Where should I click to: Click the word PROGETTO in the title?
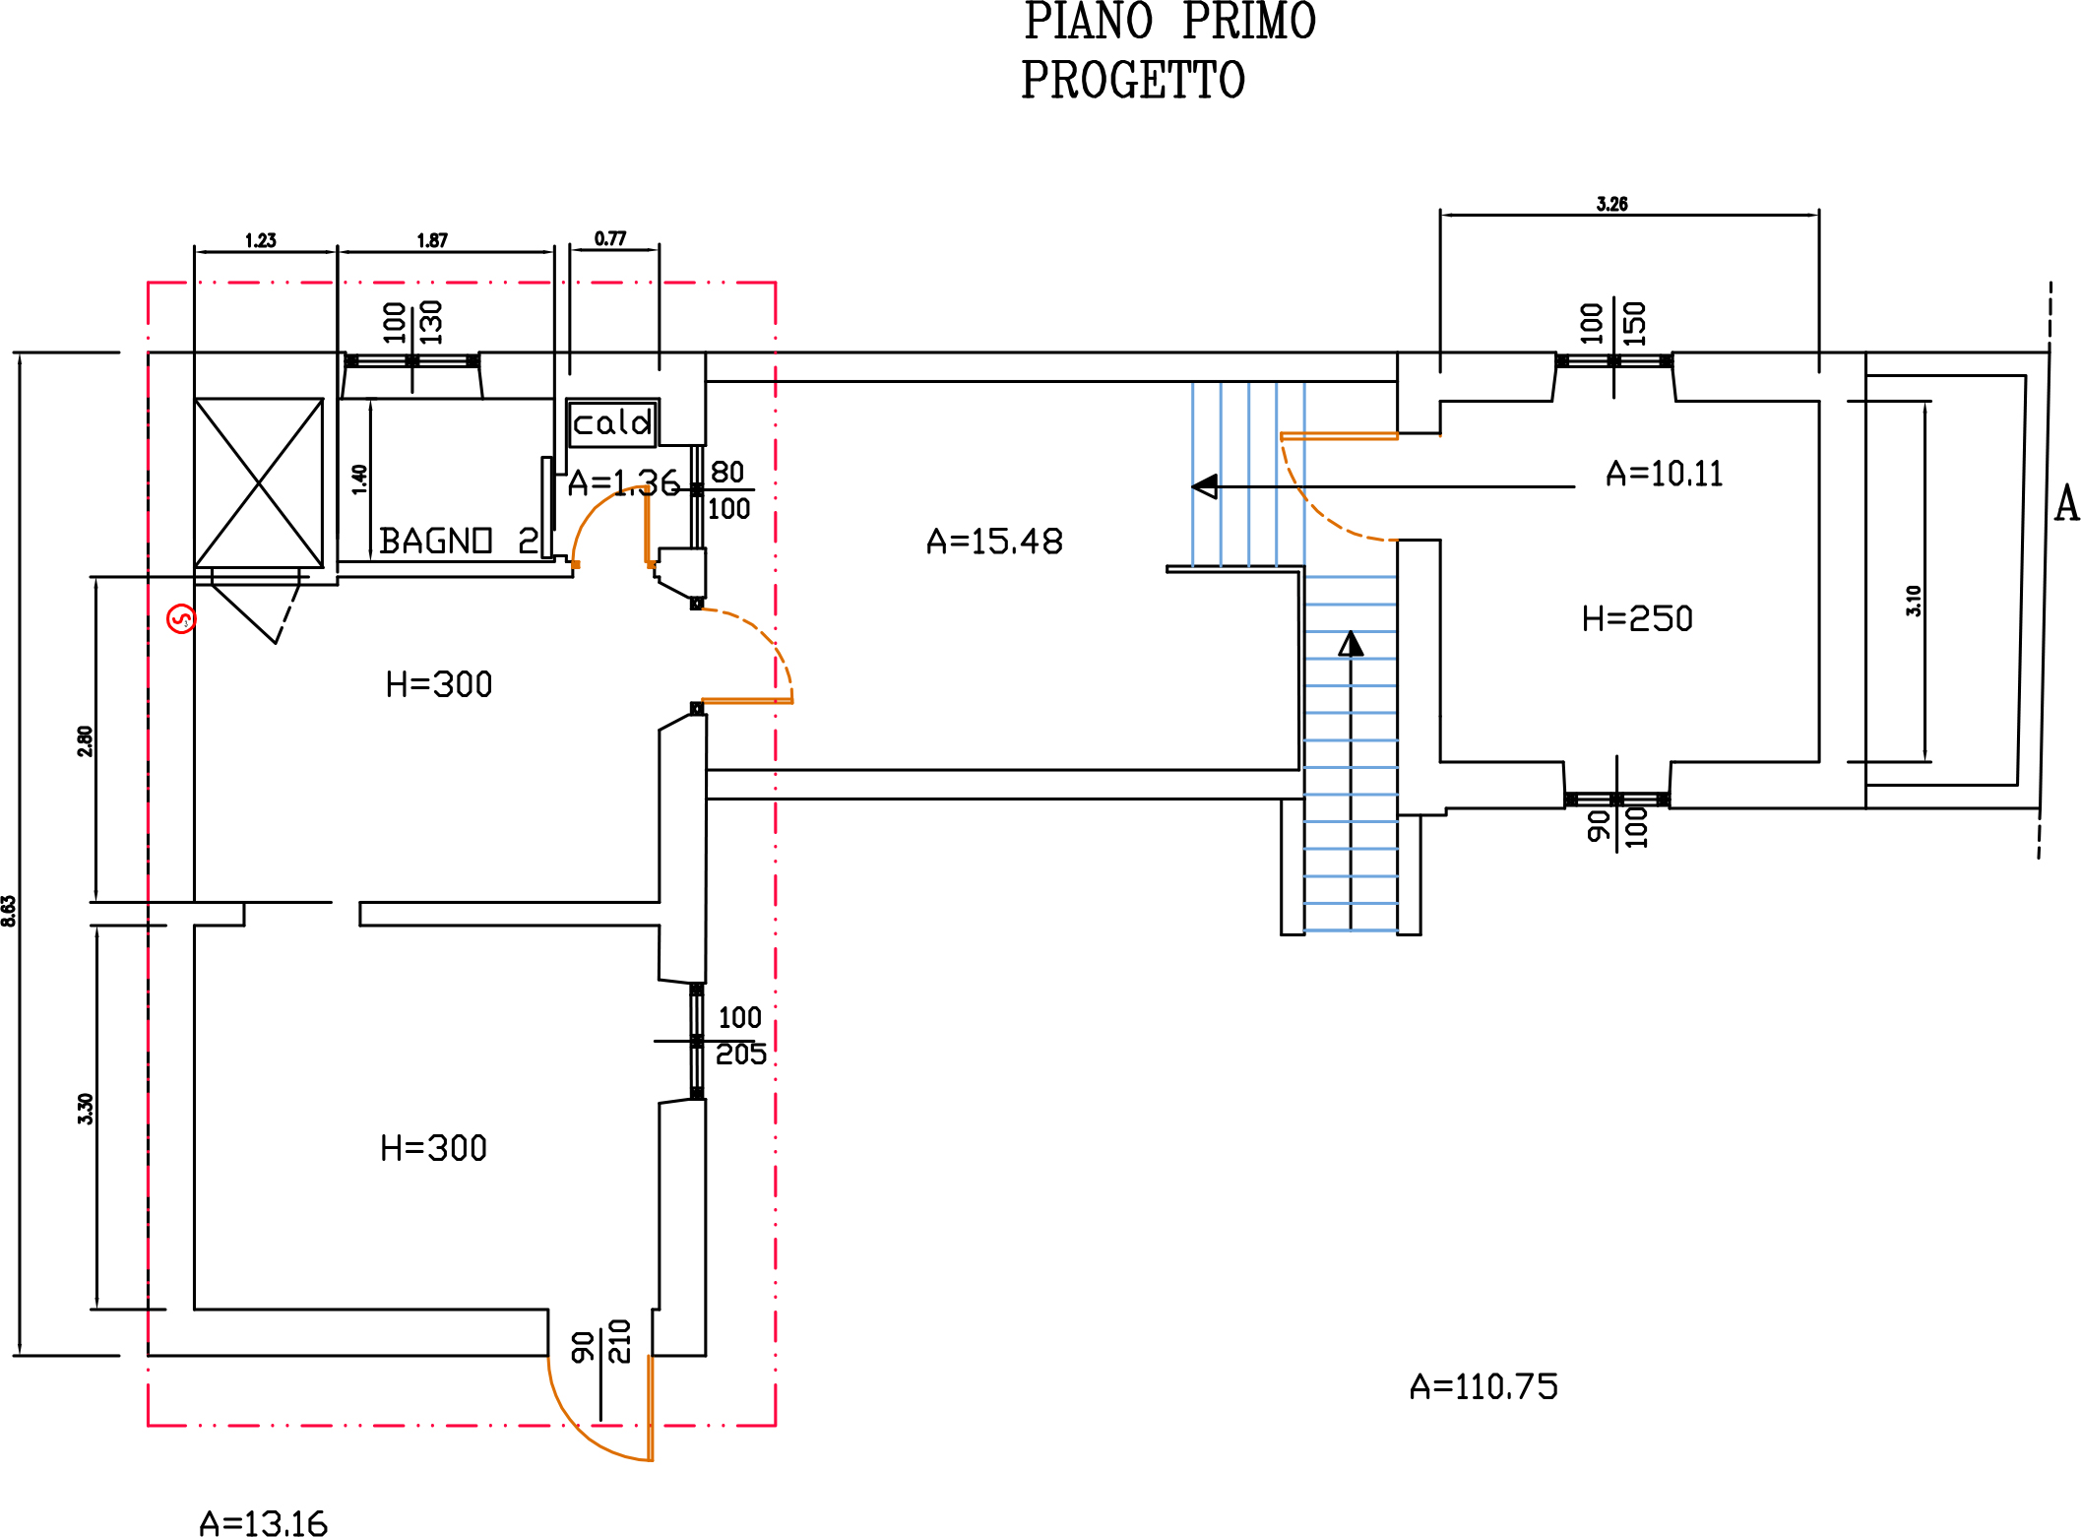coord(1132,81)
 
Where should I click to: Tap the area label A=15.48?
coord(994,542)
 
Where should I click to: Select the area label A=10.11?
coord(1664,474)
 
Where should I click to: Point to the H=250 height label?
coord(1637,618)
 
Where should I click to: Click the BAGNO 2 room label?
coord(459,541)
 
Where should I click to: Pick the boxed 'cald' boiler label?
coord(611,422)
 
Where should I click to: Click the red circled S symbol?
coord(181,618)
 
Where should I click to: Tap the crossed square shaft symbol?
coord(259,482)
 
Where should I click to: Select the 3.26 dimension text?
coord(1611,204)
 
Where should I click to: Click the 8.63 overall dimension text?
coord(9,910)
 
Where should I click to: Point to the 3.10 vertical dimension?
coord(1913,601)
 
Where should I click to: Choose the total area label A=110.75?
coord(1483,1386)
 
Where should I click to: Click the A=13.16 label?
coord(263,1523)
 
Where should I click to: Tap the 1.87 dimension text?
coord(432,240)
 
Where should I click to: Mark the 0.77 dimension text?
coord(610,238)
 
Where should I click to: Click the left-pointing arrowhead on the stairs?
coord(1204,486)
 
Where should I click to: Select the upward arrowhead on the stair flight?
coord(1351,644)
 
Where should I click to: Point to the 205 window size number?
coord(740,1055)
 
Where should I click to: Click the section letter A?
coord(2066,504)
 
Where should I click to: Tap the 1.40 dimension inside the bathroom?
coord(359,479)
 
